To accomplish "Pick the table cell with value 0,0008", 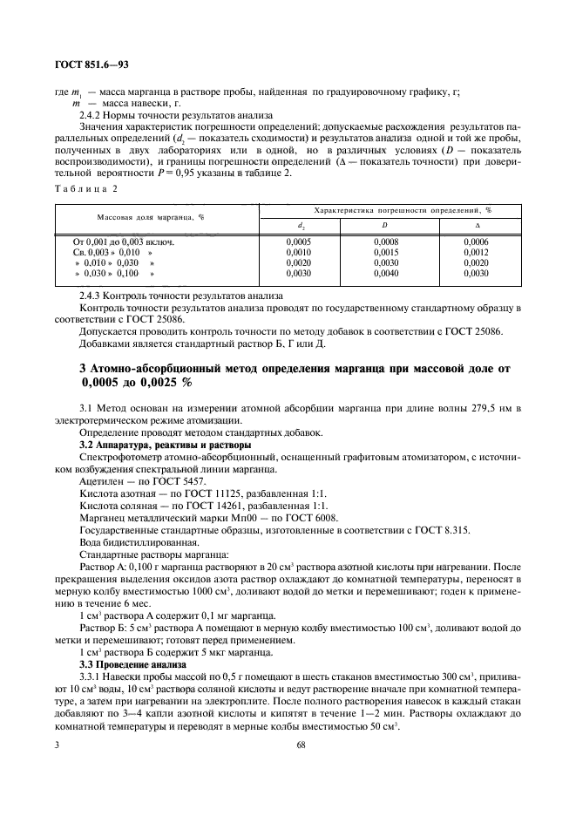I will (x=385, y=241).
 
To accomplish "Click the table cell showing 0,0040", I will (x=385, y=274).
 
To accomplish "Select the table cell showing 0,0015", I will (x=385, y=252).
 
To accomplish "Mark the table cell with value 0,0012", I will (x=477, y=252).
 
